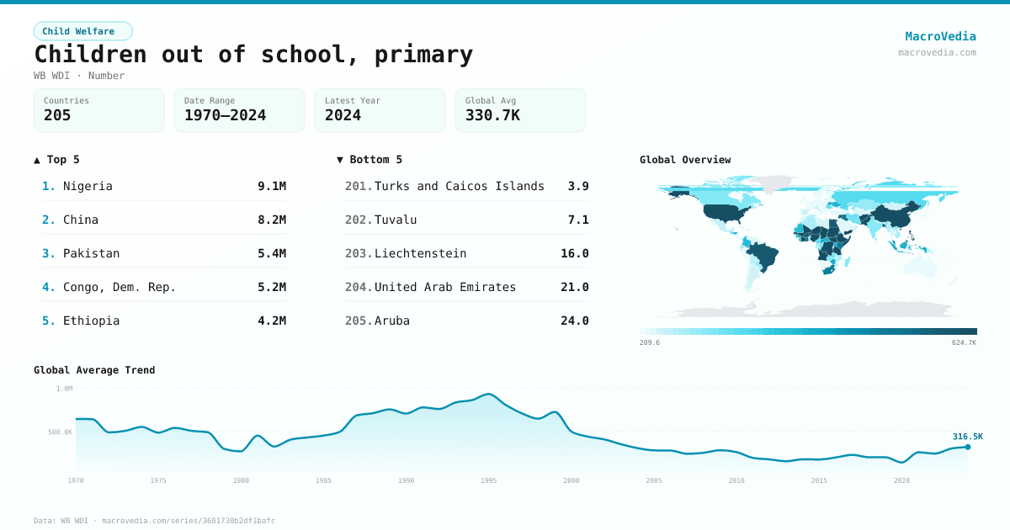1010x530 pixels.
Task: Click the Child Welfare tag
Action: [x=82, y=31]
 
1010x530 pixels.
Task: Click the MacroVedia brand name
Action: [x=940, y=36]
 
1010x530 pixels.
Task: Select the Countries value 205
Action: [x=57, y=115]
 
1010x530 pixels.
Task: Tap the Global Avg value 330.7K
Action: [x=492, y=115]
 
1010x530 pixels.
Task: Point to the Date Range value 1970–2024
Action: [x=225, y=115]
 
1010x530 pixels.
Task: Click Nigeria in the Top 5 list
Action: [x=88, y=186]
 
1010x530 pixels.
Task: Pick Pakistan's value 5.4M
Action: [x=272, y=253]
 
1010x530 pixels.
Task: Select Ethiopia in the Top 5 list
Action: [x=91, y=321]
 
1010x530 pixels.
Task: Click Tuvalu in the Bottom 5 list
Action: [x=396, y=220]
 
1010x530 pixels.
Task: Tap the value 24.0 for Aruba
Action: [x=575, y=321]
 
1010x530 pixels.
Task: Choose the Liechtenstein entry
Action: [x=420, y=253]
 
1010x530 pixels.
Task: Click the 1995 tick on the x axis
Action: [x=489, y=480]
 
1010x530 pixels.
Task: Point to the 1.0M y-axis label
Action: [x=64, y=389]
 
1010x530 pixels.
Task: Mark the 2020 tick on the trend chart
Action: [x=901, y=480]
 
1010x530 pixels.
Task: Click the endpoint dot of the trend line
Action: [x=968, y=447]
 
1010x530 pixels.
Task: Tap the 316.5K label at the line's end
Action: [x=967, y=437]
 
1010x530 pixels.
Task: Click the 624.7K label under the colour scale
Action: [x=964, y=343]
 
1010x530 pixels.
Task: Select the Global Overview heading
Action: [x=685, y=160]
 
